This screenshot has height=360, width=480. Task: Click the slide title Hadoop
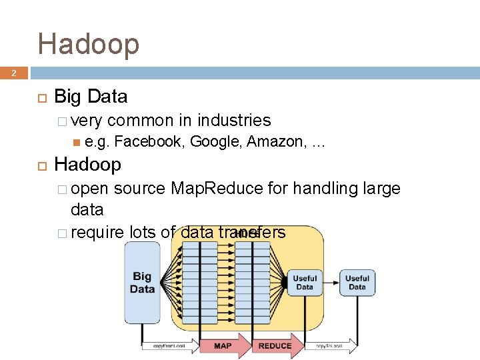coord(89,44)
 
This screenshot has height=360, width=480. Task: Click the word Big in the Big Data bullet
coord(68,97)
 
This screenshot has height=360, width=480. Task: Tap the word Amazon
coord(275,141)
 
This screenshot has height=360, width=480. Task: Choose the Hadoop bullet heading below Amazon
coord(87,165)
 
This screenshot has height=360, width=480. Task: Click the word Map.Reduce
coord(217,189)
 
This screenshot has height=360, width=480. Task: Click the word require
coord(97,232)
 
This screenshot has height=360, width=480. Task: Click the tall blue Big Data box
coord(142,283)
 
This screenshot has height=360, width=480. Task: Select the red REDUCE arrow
coord(275,345)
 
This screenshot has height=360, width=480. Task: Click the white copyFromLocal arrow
coord(168,346)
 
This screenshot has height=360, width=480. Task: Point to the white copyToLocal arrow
coord(330,346)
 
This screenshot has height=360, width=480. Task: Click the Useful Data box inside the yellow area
coord(305,283)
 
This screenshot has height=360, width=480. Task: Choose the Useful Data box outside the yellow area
coord(357,283)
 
